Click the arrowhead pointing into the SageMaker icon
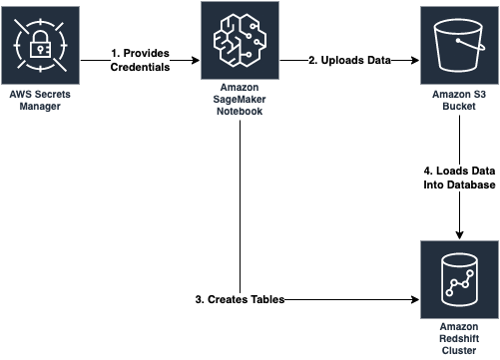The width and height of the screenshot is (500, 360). (198, 62)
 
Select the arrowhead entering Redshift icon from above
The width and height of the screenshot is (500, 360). (459, 232)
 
